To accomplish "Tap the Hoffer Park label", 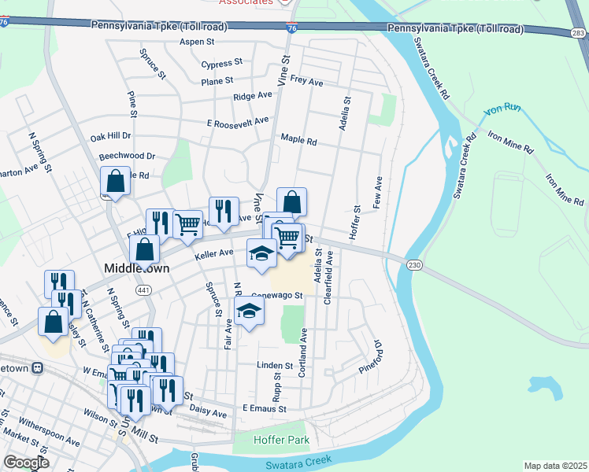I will coord(282,440).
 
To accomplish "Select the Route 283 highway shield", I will coord(578,32).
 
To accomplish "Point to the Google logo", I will coord(26,463).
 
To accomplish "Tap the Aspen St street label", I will coord(197,42).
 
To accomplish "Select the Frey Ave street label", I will coord(306,81).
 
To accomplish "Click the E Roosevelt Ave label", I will coord(237,122).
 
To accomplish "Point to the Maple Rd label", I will coord(298,142).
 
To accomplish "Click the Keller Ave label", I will coord(214,254).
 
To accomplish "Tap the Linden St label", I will coord(275,366).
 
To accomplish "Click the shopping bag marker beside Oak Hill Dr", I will coord(115,182).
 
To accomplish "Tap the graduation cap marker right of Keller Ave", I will coord(261,253).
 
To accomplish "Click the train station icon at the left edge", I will coord(36,368).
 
